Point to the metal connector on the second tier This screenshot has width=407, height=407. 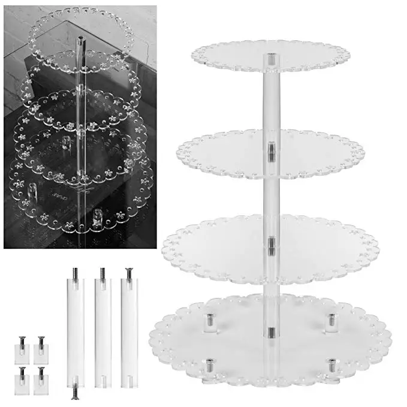tap(271, 150)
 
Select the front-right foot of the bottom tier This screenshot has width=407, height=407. tap(331, 366)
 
